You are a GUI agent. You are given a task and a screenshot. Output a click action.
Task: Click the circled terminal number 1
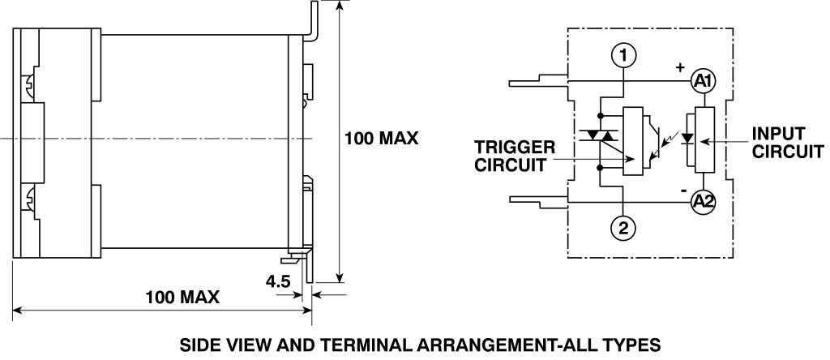[622, 55]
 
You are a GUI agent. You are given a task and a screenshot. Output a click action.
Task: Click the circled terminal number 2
[622, 228]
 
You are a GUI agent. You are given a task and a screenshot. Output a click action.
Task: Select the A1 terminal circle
[702, 81]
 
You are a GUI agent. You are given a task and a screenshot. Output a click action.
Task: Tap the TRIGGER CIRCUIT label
[515, 156]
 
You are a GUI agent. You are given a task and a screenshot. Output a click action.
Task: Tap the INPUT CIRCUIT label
[787, 142]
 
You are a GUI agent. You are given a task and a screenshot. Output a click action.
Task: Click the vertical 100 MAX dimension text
[381, 138]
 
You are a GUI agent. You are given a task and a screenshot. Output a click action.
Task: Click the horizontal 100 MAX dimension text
[183, 297]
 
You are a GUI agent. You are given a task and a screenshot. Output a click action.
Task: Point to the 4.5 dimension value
[278, 282]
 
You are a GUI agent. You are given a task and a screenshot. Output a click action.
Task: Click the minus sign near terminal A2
[684, 191]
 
